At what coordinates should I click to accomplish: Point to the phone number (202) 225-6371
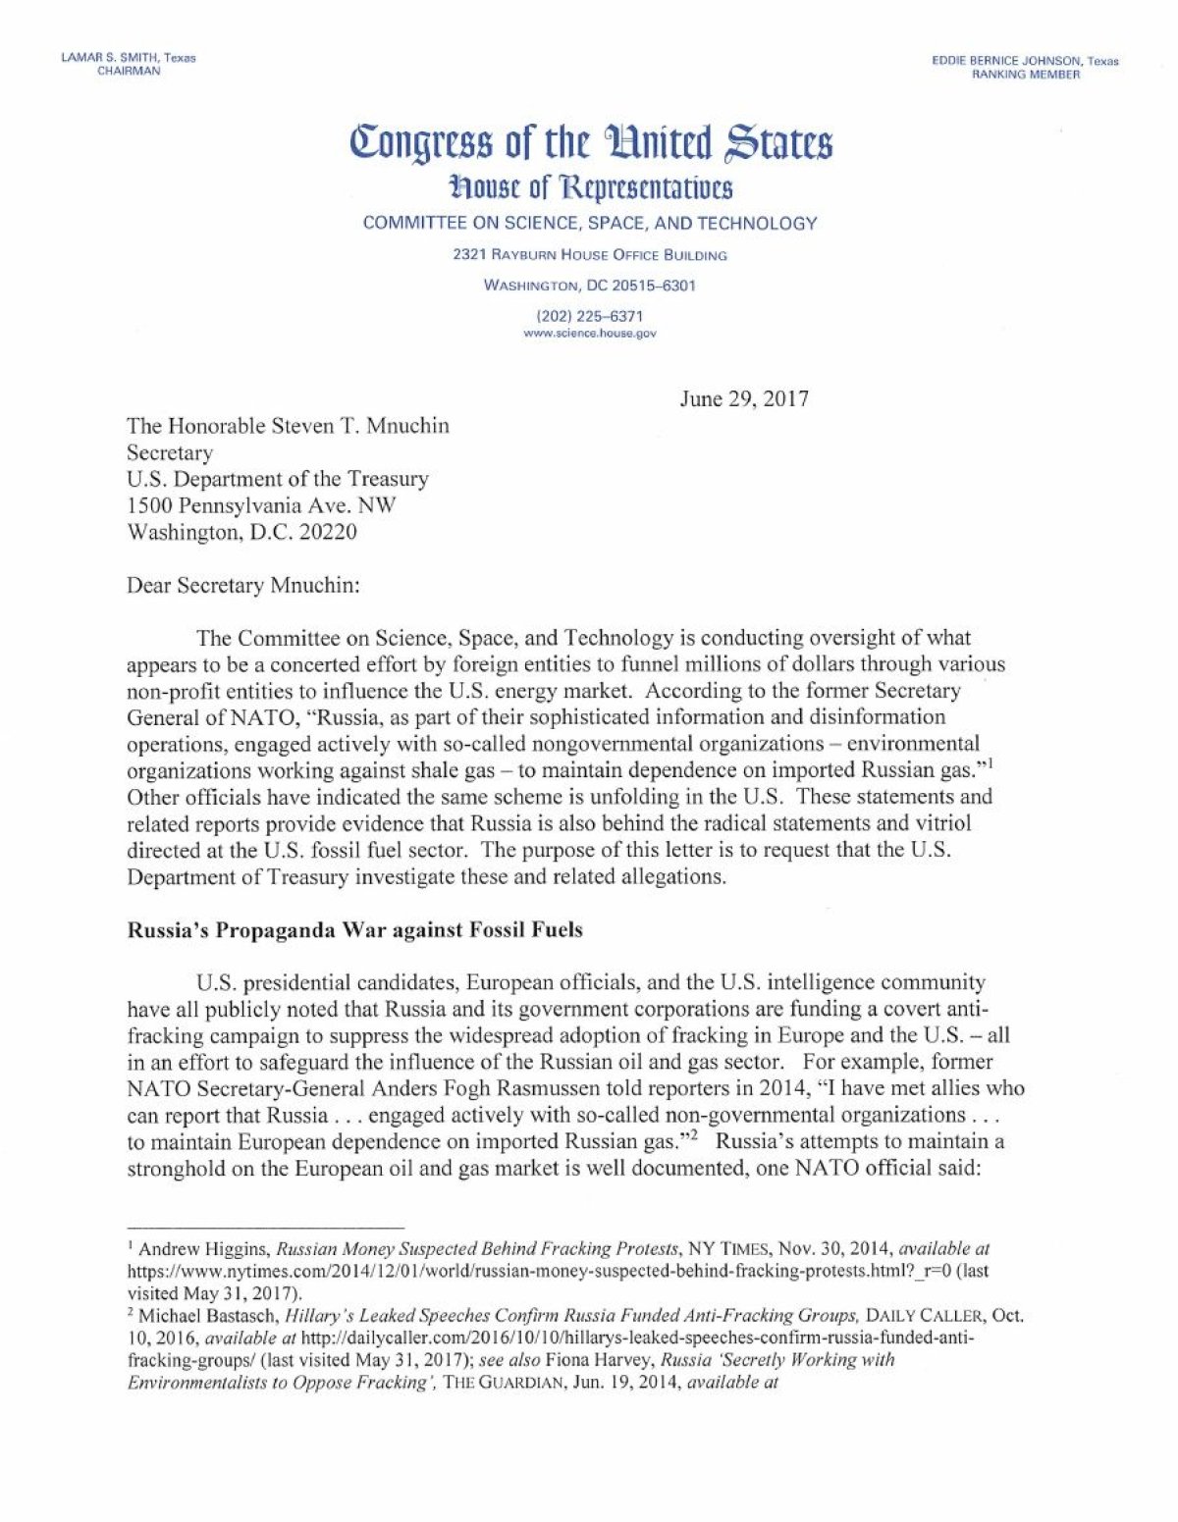pos(590,316)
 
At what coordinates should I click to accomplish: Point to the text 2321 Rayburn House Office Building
pos(590,255)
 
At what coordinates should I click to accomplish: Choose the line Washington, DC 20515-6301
pos(590,286)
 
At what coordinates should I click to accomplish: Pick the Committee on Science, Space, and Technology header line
pos(590,223)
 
